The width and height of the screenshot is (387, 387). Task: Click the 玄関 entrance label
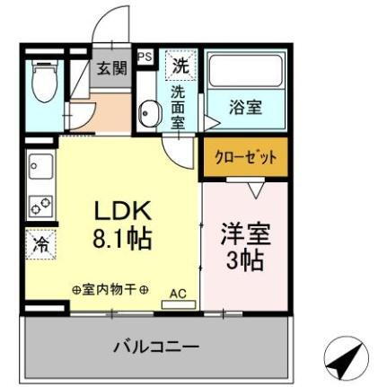pos(112,68)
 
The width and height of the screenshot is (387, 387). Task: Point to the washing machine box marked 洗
pos(181,65)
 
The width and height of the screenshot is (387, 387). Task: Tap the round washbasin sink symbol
pos(149,115)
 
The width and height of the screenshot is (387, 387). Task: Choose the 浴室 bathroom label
pos(246,107)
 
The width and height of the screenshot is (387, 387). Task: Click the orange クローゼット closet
pos(245,157)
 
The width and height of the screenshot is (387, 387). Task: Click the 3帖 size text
pos(244,262)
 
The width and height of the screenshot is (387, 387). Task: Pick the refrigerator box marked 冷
pos(41,243)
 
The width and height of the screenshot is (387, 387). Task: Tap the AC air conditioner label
pos(177,293)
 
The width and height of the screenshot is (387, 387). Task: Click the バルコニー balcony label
pos(156,346)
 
